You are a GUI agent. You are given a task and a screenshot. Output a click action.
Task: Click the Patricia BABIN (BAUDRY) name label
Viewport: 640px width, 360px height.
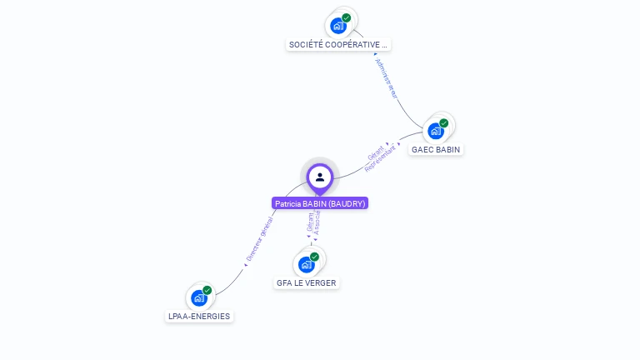coord(320,203)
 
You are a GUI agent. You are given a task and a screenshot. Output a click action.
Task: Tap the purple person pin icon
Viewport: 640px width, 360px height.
coord(320,177)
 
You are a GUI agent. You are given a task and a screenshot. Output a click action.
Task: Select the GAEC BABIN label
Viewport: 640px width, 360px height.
coord(436,150)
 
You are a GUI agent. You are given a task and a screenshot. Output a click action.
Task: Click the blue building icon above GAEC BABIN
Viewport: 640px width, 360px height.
coord(435,131)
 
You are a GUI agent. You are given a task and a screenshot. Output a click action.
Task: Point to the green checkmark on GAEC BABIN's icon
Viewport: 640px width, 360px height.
coord(444,123)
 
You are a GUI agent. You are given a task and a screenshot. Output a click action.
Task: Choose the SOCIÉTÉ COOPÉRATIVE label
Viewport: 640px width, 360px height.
coord(338,44)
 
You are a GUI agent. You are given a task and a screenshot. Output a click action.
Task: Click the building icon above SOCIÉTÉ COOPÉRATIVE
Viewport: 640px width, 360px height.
coord(337,26)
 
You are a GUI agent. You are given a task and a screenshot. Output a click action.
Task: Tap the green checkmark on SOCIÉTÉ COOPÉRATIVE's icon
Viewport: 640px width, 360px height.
coord(347,17)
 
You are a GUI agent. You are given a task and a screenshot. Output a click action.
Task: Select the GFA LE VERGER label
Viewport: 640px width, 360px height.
coord(307,283)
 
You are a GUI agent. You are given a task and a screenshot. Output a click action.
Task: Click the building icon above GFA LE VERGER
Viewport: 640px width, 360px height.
coord(306,264)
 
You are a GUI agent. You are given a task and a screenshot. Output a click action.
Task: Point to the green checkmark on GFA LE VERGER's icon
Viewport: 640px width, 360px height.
coord(315,257)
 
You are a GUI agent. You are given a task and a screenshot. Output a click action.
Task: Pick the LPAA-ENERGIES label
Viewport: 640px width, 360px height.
coord(199,317)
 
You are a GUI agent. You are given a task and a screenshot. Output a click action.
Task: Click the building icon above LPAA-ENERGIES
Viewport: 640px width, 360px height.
coord(198,297)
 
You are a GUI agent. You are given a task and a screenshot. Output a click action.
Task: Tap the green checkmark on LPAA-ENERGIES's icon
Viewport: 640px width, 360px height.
coord(207,290)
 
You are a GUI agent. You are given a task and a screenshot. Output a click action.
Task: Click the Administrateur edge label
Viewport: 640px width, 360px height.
coord(387,78)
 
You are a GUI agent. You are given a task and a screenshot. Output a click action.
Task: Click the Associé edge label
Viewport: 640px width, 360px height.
coord(317,224)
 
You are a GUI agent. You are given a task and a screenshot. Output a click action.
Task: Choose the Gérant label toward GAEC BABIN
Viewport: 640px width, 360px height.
coord(376,153)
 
